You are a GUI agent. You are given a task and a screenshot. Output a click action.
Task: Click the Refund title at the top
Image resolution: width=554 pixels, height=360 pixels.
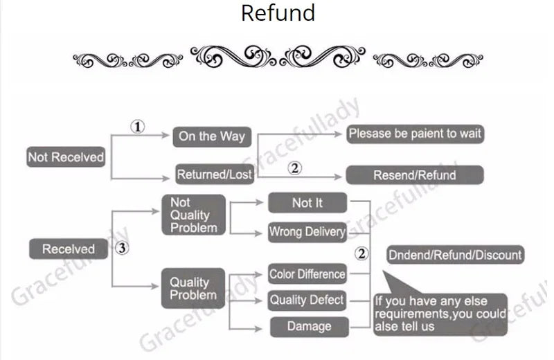(277, 12)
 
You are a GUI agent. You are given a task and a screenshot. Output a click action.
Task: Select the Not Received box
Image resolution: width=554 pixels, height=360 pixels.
(66, 157)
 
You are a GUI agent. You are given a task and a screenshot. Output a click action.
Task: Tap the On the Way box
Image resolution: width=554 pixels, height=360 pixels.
(211, 136)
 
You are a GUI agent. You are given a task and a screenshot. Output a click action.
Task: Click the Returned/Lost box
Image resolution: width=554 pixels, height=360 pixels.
(214, 174)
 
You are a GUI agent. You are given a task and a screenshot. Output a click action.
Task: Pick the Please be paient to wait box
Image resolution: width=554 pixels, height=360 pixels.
(415, 134)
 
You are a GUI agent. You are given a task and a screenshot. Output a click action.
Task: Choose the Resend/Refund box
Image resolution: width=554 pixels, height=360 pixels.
(414, 174)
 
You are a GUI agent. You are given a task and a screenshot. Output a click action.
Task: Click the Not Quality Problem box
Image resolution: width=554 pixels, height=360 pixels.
(193, 215)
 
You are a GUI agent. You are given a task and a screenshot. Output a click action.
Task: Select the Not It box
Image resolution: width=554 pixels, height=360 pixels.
(307, 203)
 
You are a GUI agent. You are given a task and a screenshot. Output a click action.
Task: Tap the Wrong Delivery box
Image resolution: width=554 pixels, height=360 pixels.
(307, 232)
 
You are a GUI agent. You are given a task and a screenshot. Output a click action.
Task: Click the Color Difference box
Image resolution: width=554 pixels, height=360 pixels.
(307, 274)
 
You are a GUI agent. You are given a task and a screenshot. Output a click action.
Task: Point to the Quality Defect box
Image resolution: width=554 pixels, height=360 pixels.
(307, 300)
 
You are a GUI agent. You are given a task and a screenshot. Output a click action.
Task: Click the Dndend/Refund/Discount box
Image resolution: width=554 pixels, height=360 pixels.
(454, 255)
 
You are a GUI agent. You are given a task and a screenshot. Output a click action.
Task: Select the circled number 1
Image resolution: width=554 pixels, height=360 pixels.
(138, 127)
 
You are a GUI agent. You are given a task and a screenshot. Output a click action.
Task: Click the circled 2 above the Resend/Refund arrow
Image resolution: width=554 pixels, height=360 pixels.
(295, 168)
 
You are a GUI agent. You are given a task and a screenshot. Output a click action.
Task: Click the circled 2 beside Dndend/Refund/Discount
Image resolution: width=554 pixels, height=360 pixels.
(361, 254)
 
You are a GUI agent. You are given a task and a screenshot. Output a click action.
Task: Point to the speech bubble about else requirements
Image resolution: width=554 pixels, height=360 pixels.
(440, 313)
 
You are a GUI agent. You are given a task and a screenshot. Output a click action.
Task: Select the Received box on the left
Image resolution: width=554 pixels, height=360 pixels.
(68, 249)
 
